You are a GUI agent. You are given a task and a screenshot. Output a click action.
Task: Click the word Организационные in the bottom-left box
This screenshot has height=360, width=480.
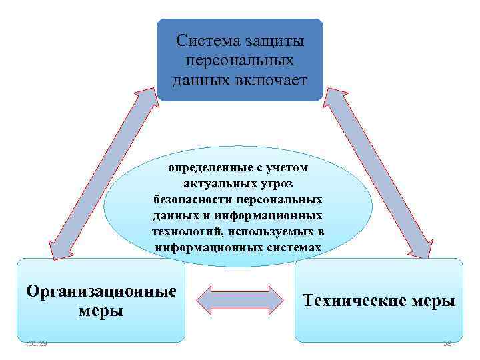(101, 291)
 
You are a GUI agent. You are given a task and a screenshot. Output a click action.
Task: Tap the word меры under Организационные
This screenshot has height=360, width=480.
(101, 311)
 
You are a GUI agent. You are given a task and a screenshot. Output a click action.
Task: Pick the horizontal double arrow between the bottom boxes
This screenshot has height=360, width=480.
(240, 299)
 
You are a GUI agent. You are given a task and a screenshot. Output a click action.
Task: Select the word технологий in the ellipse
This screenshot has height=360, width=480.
(188, 231)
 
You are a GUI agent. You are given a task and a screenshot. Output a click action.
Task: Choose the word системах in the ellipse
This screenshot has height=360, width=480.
(293, 247)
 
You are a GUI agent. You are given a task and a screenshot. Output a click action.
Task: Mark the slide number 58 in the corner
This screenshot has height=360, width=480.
(446, 343)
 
